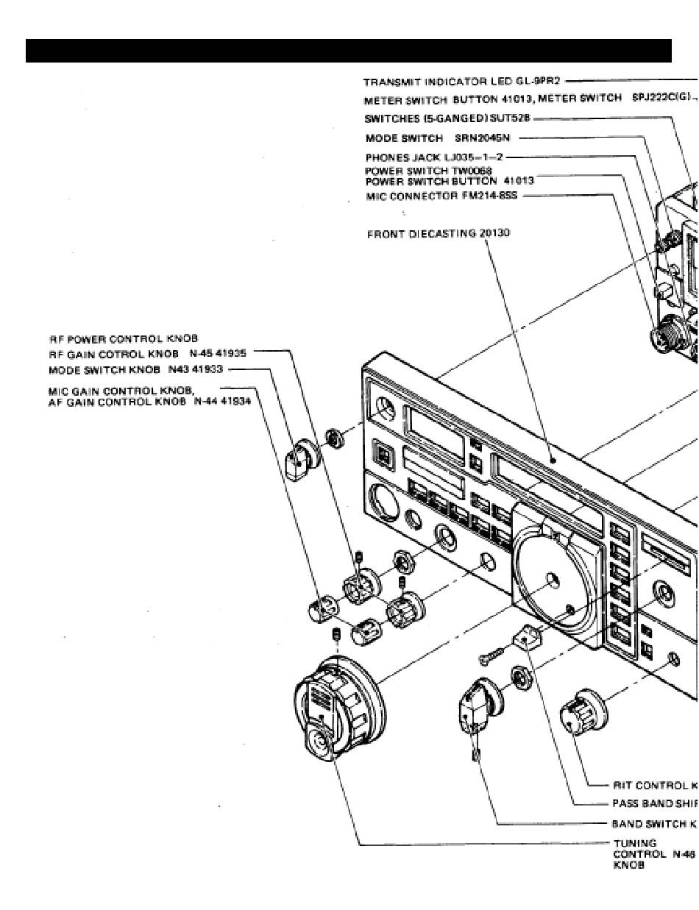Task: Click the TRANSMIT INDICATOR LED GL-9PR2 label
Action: point(463,82)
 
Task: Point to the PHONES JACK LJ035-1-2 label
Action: point(435,157)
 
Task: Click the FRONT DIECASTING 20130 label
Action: point(439,234)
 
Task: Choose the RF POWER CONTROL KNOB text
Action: point(124,339)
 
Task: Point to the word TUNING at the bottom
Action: point(634,843)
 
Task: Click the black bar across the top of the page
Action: point(349,51)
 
